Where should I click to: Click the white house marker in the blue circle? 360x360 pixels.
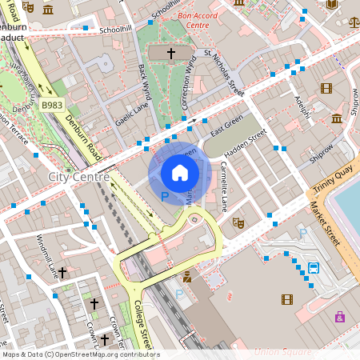(x=180, y=172)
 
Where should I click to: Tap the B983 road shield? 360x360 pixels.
(x=53, y=105)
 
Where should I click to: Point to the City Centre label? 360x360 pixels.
(x=78, y=176)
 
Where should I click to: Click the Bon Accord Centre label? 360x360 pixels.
(x=198, y=21)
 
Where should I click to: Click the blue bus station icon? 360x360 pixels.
(x=314, y=268)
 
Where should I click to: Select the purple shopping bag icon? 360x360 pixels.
(x=340, y=317)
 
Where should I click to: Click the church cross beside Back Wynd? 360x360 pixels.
(x=170, y=54)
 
